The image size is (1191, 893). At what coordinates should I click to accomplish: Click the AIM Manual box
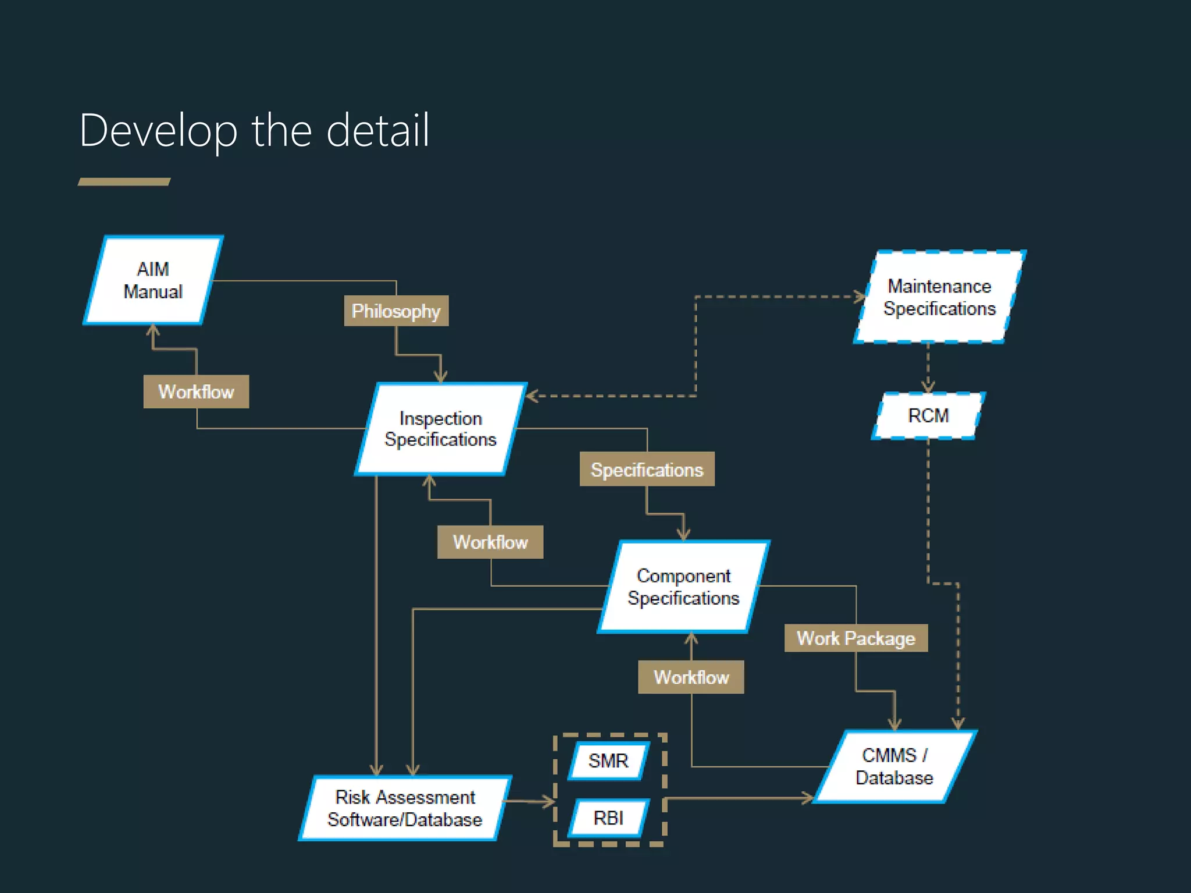point(153,280)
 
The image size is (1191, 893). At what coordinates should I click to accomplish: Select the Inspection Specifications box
point(440,429)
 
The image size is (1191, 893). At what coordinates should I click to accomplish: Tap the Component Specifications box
point(683,587)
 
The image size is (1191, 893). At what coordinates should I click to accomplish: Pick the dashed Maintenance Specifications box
point(939,297)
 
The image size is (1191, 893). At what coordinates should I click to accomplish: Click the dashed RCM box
point(928,416)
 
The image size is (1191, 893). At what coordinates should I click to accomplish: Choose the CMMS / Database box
point(894,766)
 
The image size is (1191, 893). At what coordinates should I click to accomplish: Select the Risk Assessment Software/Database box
point(405,808)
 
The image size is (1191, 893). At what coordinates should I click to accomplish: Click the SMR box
point(608,760)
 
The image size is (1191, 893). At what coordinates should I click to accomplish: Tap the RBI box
point(608,818)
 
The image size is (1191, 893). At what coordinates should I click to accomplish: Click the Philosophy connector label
point(396,311)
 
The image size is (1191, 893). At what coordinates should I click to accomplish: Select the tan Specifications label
point(647,469)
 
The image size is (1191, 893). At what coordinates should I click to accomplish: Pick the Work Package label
point(855,638)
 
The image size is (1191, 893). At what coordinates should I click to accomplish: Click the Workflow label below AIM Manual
point(196,392)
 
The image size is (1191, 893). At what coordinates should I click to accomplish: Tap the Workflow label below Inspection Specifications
point(490,542)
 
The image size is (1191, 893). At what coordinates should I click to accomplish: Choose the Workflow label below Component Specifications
point(691,677)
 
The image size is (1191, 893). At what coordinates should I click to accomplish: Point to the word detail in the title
point(377,131)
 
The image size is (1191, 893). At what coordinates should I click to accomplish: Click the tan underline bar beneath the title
point(124,182)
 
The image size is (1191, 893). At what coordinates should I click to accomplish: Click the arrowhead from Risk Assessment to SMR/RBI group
point(549,802)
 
